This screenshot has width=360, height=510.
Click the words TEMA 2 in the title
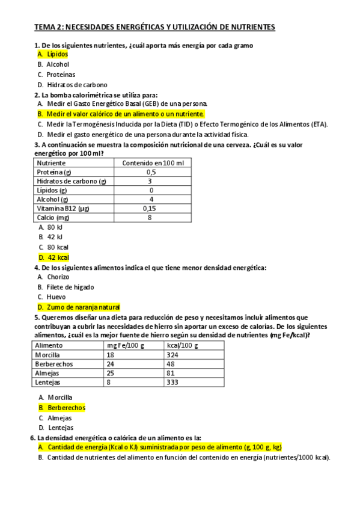point(47,27)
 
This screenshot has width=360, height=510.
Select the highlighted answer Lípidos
point(58,54)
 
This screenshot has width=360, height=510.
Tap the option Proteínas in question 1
point(61,75)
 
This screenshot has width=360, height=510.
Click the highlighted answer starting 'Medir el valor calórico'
point(125,114)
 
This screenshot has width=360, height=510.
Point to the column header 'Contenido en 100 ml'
point(153,163)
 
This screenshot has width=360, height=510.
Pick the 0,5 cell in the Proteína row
point(151,172)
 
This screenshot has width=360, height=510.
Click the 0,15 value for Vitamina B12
point(151,208)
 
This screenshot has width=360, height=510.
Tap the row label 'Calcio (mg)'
point(53,217)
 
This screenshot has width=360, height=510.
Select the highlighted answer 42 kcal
point(58,257)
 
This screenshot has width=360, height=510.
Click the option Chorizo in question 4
point(58,277)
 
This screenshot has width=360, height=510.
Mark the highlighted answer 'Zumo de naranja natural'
point(84,307)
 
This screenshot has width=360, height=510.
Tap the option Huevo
point(56,296)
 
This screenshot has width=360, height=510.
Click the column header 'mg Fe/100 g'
point(126,346)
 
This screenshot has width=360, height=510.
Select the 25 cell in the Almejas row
point(111,373)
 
